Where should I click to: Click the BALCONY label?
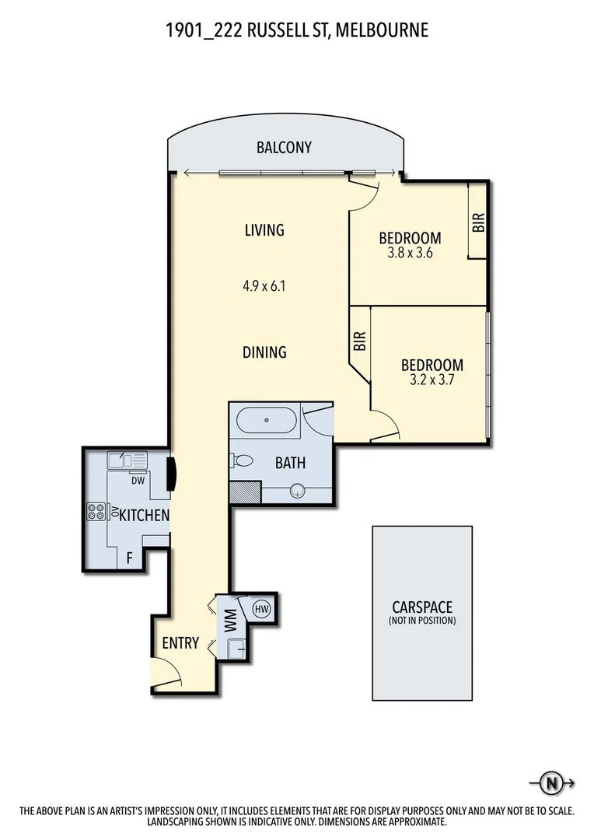[x=284, y=148]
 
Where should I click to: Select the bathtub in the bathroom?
[x=266, y=420]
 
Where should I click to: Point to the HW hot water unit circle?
[x=261, y=608]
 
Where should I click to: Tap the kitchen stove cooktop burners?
[x=97, y=512]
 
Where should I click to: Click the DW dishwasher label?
[x=138, y=480]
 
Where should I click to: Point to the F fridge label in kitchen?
[x=129, y=558]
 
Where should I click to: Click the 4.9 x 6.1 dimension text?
[x=264, y=286]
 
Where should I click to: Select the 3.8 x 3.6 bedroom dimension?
[x=409, y=253]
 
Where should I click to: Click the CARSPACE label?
[x=421, y=607]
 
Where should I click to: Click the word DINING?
[x=264, y=352]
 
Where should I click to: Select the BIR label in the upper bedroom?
[x=478, y=223]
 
